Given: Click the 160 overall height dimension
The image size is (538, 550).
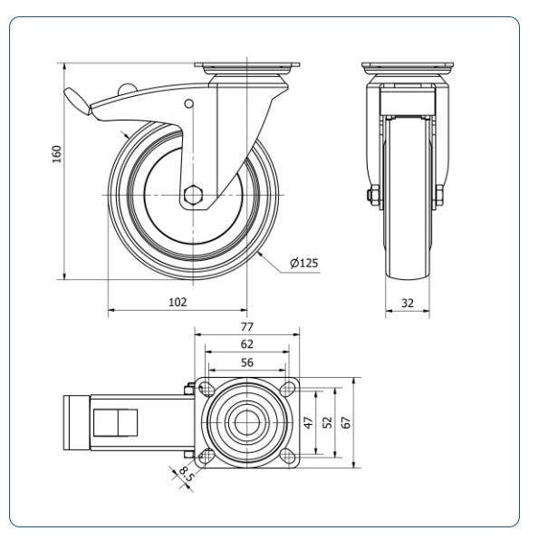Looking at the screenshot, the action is coord(57,154).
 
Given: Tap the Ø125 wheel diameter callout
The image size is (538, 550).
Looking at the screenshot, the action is coord(304,263).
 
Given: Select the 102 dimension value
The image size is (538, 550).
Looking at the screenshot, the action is coord(178,302).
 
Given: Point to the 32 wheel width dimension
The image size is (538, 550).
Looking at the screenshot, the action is coord(408,303).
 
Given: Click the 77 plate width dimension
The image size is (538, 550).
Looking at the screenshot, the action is coord(247,326).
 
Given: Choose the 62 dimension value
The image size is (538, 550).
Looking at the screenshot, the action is coord(247,344).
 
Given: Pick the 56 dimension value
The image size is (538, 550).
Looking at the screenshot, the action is coord(247,362).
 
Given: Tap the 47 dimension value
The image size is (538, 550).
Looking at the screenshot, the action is coord(308,422).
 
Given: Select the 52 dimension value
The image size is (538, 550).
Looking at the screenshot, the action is coord(327,422).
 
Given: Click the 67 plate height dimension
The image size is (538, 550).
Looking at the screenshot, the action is coord(345,422).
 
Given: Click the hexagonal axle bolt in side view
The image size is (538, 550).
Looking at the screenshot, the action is coord(193,195).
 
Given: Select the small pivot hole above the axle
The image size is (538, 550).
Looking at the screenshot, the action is coord(188,103).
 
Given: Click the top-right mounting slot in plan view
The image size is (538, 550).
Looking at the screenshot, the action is coord(288,387).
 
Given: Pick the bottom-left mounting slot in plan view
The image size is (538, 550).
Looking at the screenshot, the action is coord(207,457).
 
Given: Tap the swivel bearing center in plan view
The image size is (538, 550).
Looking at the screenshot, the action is coord(247,422).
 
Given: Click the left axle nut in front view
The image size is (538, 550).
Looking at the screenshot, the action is coord(373,196).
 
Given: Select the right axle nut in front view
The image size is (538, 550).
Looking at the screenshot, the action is coord(439,196).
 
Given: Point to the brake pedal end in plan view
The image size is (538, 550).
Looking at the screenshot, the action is coord(77,422).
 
